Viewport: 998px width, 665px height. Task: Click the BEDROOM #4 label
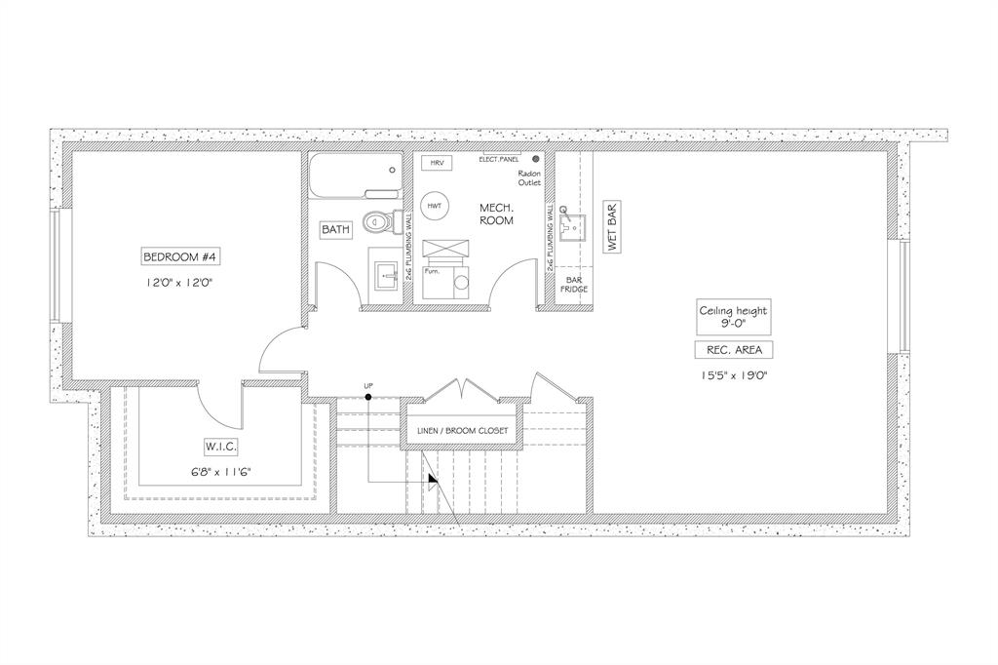[x=180, y=256]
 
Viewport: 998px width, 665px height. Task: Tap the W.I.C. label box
[x=220, y=447]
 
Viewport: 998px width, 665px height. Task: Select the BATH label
[x=335, y=229]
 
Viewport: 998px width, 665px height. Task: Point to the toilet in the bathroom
[x=382, y=221]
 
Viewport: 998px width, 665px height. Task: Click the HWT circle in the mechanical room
[x=434, y=206]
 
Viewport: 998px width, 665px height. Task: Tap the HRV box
[x=437, y=163]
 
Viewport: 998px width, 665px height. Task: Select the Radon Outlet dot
[x=536, y=159]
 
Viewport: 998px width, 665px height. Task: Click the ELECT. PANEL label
[x=500, y=159]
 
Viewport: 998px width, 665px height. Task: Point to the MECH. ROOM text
[x=496, y=214]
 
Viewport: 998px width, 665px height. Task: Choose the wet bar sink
[x=572, y=227]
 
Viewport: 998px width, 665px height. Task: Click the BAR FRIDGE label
[x=574, y=284]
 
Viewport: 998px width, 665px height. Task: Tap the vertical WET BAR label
[x=613, y=226]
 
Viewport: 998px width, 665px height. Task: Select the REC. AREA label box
[x=734, y=350]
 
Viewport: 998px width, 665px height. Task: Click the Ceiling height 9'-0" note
[x=733, y=317]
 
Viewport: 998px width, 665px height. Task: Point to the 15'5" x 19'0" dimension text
[x=734, y=375]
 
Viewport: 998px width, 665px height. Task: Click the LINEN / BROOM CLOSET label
[x=463, y=431]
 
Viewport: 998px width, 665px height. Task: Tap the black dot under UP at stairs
[x=367, y=397]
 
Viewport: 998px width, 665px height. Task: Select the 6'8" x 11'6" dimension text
[x=220, y=472]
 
